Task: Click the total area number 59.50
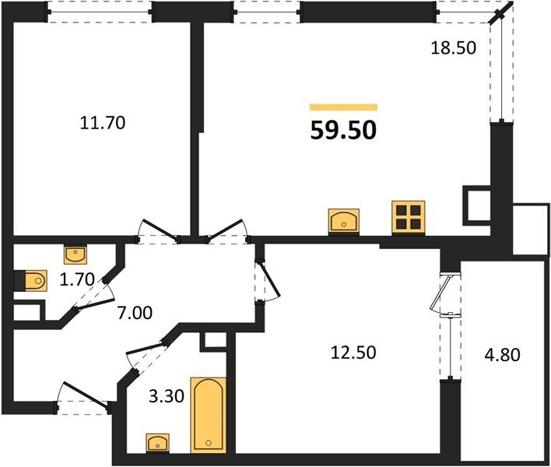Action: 343,129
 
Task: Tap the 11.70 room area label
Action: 103,122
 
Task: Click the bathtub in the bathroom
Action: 209,414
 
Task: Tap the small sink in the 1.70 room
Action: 75,254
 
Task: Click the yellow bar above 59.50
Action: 343,107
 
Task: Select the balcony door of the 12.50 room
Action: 445,296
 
